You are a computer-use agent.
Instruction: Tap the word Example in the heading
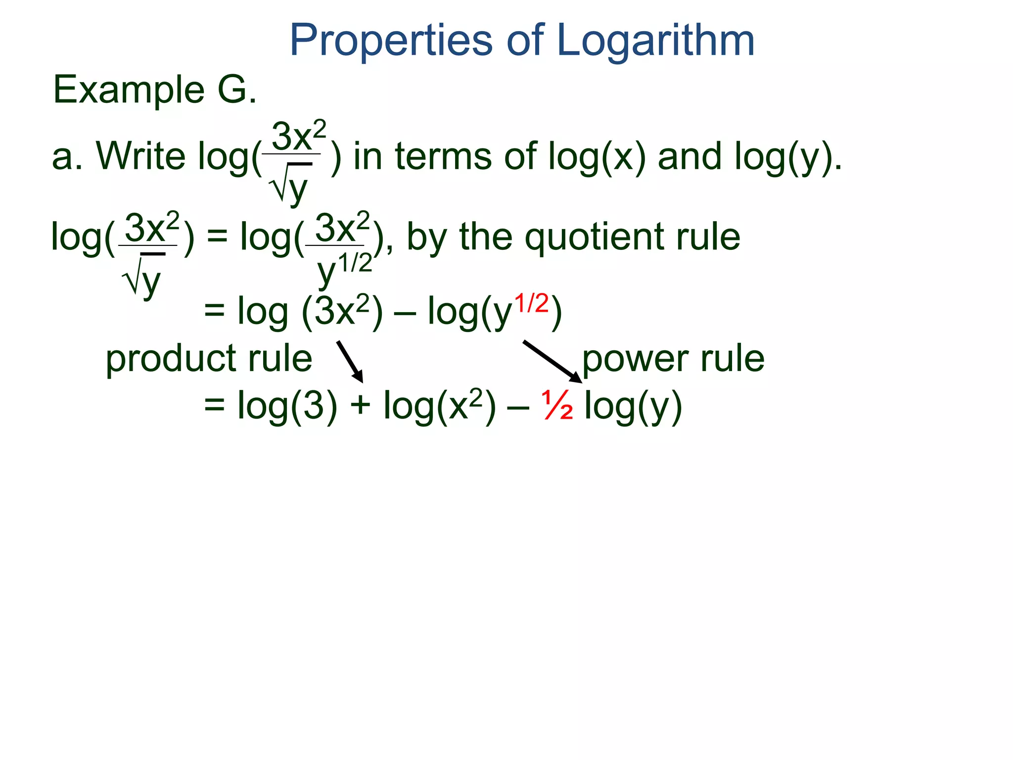point(129,90)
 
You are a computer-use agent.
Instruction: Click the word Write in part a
point(140,156)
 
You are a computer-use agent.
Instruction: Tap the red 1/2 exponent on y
point(532,303)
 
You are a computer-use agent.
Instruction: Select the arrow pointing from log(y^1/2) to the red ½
point(553,361)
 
